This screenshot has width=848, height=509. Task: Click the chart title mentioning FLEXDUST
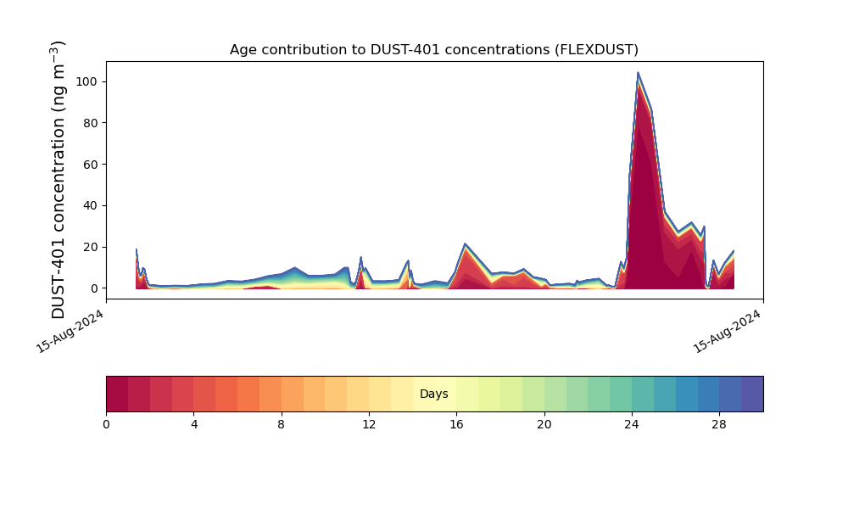click(434, 50)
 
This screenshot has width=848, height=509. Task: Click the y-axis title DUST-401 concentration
click(58, 180)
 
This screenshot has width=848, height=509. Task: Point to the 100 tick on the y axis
click(87, 81)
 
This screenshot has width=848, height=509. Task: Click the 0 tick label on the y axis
click(94, 288)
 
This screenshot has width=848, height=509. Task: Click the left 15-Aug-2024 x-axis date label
click(70, 331)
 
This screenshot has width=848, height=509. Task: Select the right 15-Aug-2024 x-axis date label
click(728, 331)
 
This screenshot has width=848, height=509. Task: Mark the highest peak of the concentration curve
click(638, 73)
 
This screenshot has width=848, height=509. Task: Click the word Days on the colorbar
click(434, 394)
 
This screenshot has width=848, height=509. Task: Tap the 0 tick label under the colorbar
click(106, 424)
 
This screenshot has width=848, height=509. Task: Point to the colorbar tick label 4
click(194, 424)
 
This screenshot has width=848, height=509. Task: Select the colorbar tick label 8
click(282, 424)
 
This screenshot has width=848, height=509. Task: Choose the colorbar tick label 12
click(369, 424)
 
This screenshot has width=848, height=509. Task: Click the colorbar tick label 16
click(456, 424)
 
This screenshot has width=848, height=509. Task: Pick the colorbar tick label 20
click(544, 424)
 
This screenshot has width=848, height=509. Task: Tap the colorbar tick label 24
click(632, 424)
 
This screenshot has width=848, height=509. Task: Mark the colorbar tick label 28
click(719, 424)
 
